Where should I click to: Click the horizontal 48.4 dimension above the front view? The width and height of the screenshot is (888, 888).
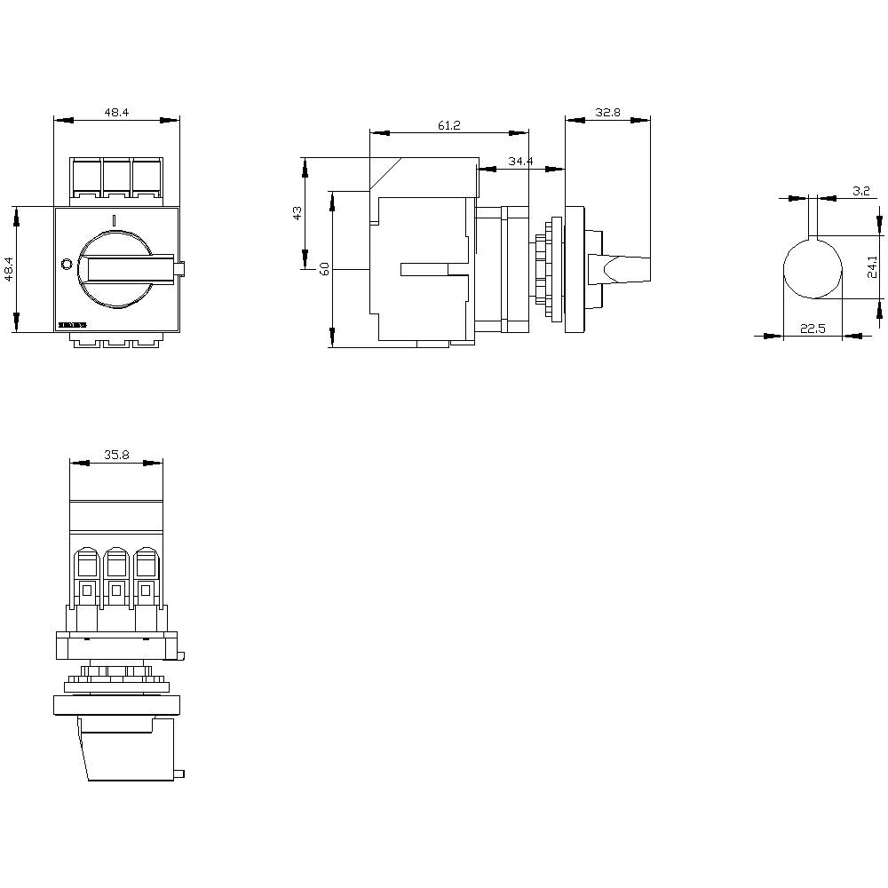coord(117,113)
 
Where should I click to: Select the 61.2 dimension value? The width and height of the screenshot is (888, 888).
coord(449,126)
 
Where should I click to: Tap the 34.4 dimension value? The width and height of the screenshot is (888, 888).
coord(520,161)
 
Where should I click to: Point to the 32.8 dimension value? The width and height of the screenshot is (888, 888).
coord(608,113)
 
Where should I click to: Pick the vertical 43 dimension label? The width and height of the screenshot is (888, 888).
coord(297,212)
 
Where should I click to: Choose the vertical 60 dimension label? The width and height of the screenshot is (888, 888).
coord(324,268)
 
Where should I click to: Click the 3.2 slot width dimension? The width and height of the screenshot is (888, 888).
coord(860,191)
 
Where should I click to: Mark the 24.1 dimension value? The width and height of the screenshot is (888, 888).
coord(873,266)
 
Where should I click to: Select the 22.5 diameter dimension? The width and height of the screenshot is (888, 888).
coord(813,329)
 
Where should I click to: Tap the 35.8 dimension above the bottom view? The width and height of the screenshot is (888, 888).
coord(116,455)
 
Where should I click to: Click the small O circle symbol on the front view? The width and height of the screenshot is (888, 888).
coord(65,264)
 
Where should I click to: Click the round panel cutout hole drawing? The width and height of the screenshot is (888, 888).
coord(812,269)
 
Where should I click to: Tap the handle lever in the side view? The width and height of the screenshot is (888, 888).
coord(625,267)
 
